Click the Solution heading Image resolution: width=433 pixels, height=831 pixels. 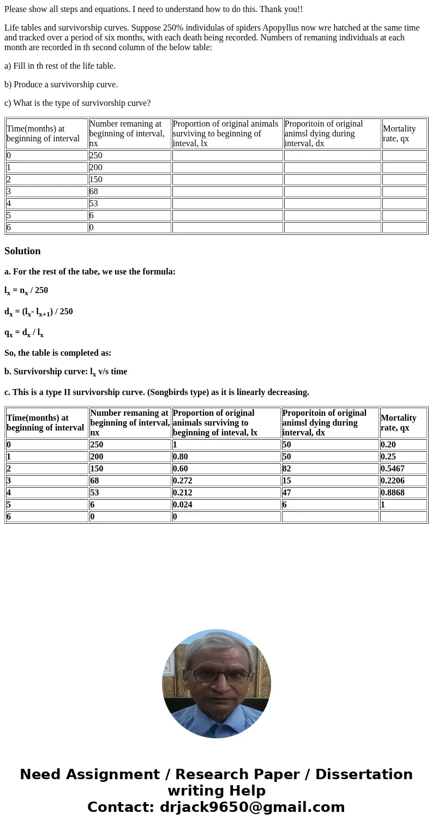coord(22,251)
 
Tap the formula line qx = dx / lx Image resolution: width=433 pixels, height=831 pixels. coord(24,333)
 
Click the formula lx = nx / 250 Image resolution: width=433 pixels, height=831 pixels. coord(26,291)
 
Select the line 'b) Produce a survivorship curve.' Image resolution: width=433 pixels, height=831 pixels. coord(61,85)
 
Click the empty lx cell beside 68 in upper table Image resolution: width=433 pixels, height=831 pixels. coord(227,192)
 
